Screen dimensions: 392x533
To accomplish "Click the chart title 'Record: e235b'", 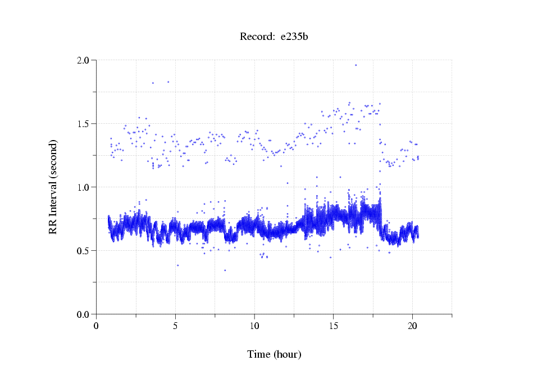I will point(274,37).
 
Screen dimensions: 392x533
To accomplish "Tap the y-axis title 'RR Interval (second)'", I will point(53,187).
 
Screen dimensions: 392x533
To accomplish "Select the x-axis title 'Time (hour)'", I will point(274,354).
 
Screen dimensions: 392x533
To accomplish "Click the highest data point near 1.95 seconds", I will point(356,65).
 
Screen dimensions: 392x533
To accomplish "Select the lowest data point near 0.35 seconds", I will point(225,271).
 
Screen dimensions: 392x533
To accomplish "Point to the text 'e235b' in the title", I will point(294,37).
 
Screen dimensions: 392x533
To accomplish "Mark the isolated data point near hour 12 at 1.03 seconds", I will point(288,183).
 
